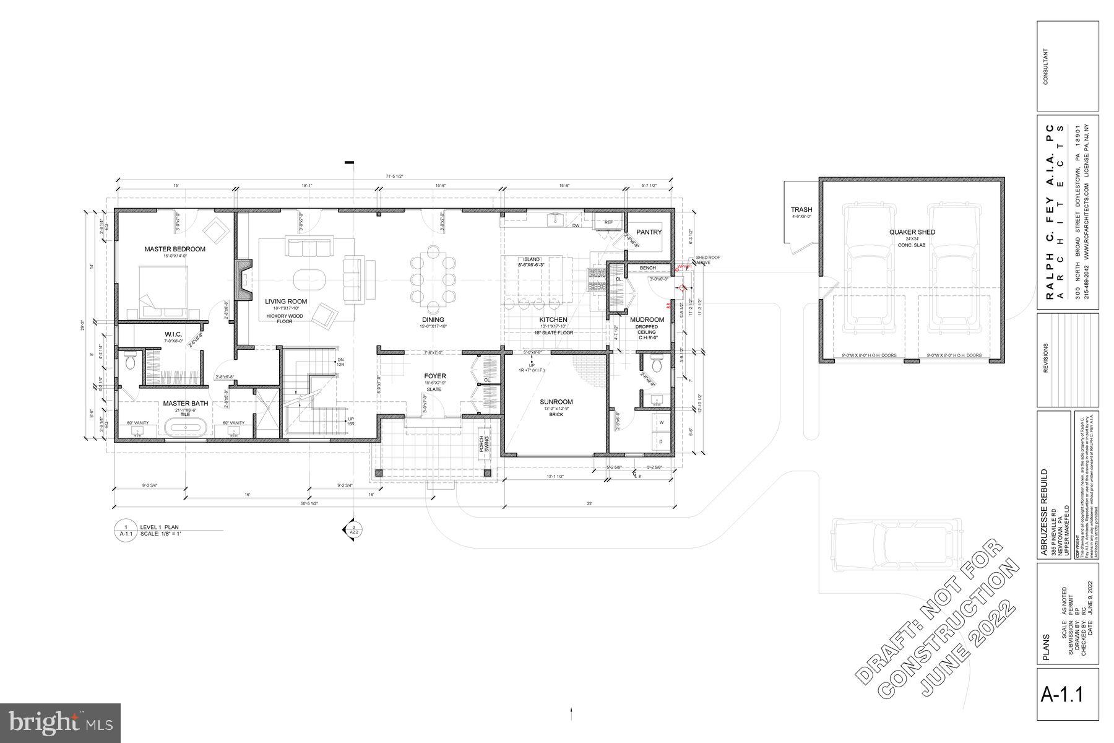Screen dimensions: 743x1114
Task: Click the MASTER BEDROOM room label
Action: [175, 249]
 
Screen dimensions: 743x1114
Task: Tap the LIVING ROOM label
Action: [286, 302]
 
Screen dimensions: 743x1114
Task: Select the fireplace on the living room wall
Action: [243, 280]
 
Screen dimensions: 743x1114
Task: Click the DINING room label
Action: [433, 320]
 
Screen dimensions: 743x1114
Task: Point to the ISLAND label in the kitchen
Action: [531, 259]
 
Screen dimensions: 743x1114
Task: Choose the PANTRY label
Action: [649, 232]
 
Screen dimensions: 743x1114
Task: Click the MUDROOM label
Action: [647, 320]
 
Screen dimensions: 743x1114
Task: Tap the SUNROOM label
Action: [556, 402]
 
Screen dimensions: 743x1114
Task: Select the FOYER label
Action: [434, 376]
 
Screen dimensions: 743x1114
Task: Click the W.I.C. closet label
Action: [173, 334]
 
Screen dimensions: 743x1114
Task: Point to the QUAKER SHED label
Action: [912, 232]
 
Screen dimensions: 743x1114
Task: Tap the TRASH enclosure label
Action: [801, 210]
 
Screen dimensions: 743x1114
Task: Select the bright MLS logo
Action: [60, 723]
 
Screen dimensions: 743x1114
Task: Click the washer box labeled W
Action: [661, 422]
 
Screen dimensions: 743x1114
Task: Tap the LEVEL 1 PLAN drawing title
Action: [159, 527]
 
